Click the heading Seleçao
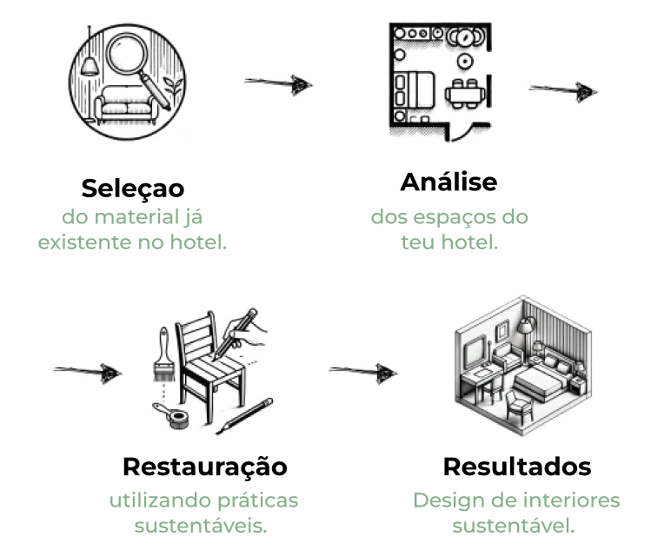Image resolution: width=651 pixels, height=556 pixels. click(x=133, y=188)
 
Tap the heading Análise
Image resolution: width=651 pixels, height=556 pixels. click(x=448, y=182)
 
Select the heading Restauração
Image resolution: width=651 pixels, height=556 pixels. click(x=204, y=467)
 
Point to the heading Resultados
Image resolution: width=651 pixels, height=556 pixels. click(x=517, y=467)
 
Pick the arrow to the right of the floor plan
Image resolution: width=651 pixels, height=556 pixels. click(x=563, y=89)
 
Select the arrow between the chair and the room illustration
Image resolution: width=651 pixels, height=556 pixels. click(x=363, y=373)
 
